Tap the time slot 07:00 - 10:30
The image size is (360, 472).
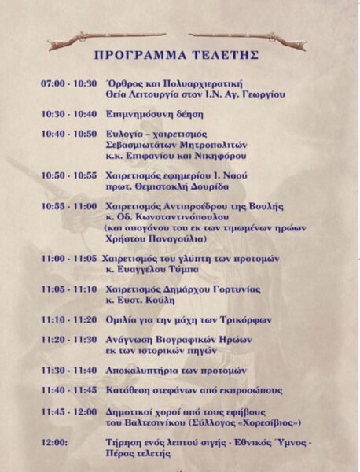pyautogui.click(x=69, y=83)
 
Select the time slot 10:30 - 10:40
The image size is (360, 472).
pyautogui.click(x=69, y=113)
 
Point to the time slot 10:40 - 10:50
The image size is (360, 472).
pyautogui.click(x=69, y=134)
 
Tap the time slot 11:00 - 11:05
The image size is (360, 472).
pyautogui.click(x=69, y=259)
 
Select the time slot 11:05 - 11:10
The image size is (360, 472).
pyautogui.click(x=69, y=289)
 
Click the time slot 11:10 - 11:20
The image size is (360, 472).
pyautogui.click(x=69, y=320)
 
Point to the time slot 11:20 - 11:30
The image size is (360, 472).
pyautogui.click(x=69, y=339)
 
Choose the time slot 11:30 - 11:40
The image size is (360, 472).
pyautogui.click(x=69, y=370)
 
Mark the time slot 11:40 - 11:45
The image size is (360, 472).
pyautogui.click(x=69, y=390)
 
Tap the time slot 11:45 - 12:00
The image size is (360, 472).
pyautogui.click(x=69, y=411)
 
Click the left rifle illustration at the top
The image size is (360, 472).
pyautogui.click(x=106, y=38)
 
